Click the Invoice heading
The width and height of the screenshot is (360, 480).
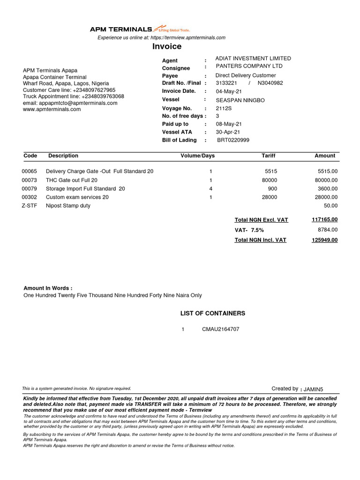167,46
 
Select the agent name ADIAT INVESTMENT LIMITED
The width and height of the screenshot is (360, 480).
253,59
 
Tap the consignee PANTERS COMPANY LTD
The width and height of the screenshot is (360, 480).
249,67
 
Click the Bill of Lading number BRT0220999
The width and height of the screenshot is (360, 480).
233,140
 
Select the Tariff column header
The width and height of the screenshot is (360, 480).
269,156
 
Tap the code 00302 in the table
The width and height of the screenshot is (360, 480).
30,197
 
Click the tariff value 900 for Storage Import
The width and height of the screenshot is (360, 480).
272,189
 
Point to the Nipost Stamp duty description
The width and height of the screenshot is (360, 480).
68,206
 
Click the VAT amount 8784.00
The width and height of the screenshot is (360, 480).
327,230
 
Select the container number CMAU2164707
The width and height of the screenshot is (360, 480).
220,330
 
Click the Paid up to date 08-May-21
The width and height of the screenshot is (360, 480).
229,124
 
